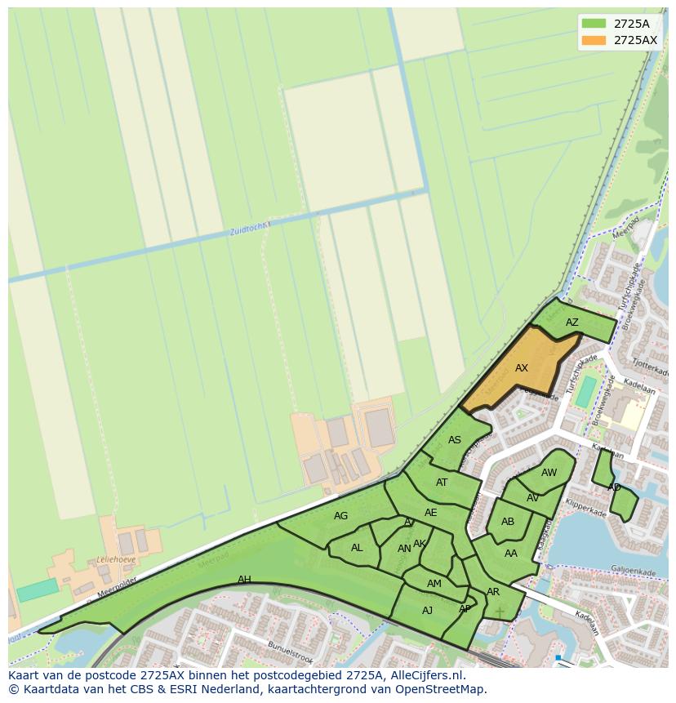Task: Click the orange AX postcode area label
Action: click(x=522, y=368)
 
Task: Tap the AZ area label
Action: click(x=572, y=323)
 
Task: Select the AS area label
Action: click(x=455, y=440)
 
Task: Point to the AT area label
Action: click(x=442, y=483)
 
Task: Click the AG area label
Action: click(x=341, y=516)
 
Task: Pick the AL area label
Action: click(x=357, y=548)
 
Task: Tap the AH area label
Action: click(x=244, y=580)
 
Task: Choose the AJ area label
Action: click(x=428, y=611)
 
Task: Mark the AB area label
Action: click(x=508, y=522)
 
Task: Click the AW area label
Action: click(x=549, y=473)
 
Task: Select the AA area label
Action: click(x=511, y=554)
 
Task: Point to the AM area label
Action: click(x=434, y=584)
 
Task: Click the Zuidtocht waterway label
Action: click(x=248, y=229)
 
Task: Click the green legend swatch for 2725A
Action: click(x=594, y=24)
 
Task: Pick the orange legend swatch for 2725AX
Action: click(x=594, y=40)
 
